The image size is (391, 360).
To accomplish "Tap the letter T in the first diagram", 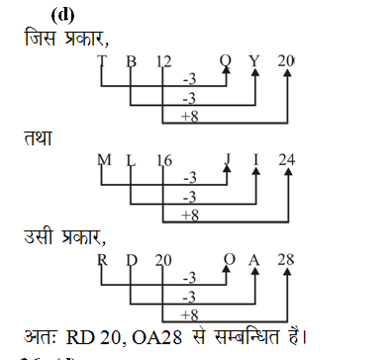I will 101,62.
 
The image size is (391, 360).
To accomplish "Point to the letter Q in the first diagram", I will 227,62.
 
